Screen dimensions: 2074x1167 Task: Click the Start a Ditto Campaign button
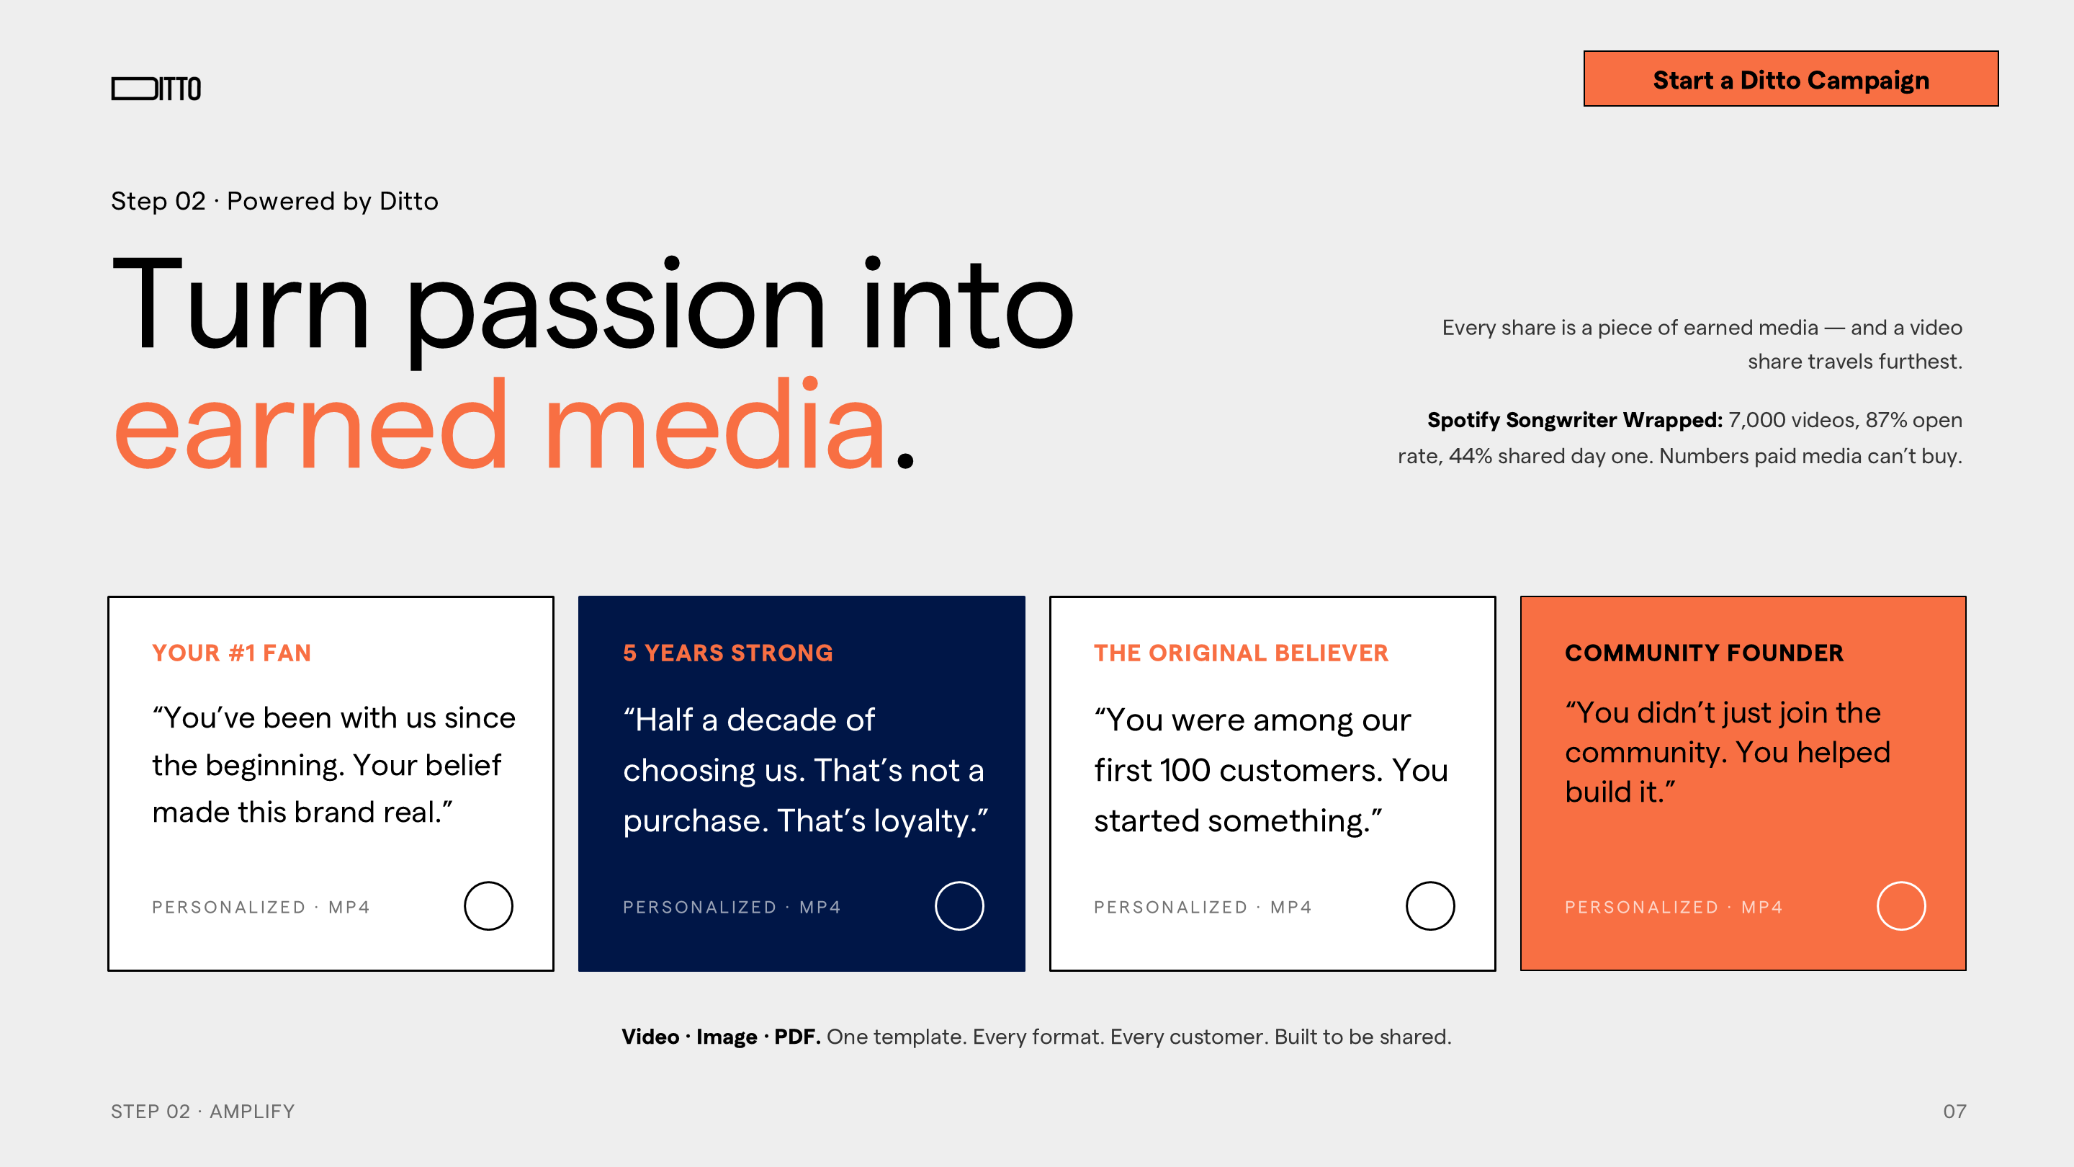[1790, 79]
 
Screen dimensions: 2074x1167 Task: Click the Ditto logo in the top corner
[156, 89]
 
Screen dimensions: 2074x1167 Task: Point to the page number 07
[1954, 1112]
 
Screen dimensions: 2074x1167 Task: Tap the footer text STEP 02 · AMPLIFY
[203, 1112]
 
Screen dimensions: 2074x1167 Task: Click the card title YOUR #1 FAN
[232, 653]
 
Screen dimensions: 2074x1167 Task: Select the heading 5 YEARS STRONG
[728, 653]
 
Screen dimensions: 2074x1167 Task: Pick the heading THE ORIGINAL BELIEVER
[1241, 653]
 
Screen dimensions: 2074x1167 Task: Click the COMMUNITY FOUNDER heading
[1704, 653]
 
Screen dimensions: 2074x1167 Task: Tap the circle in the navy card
[959, 882]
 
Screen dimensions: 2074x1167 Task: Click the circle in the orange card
[1901, 882]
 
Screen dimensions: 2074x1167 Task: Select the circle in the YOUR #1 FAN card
[488, 882]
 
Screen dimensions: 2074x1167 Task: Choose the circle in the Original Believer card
[1430, 882]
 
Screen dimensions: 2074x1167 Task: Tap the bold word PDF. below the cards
[797, 1037]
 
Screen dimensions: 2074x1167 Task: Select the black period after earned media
[905, 460]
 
